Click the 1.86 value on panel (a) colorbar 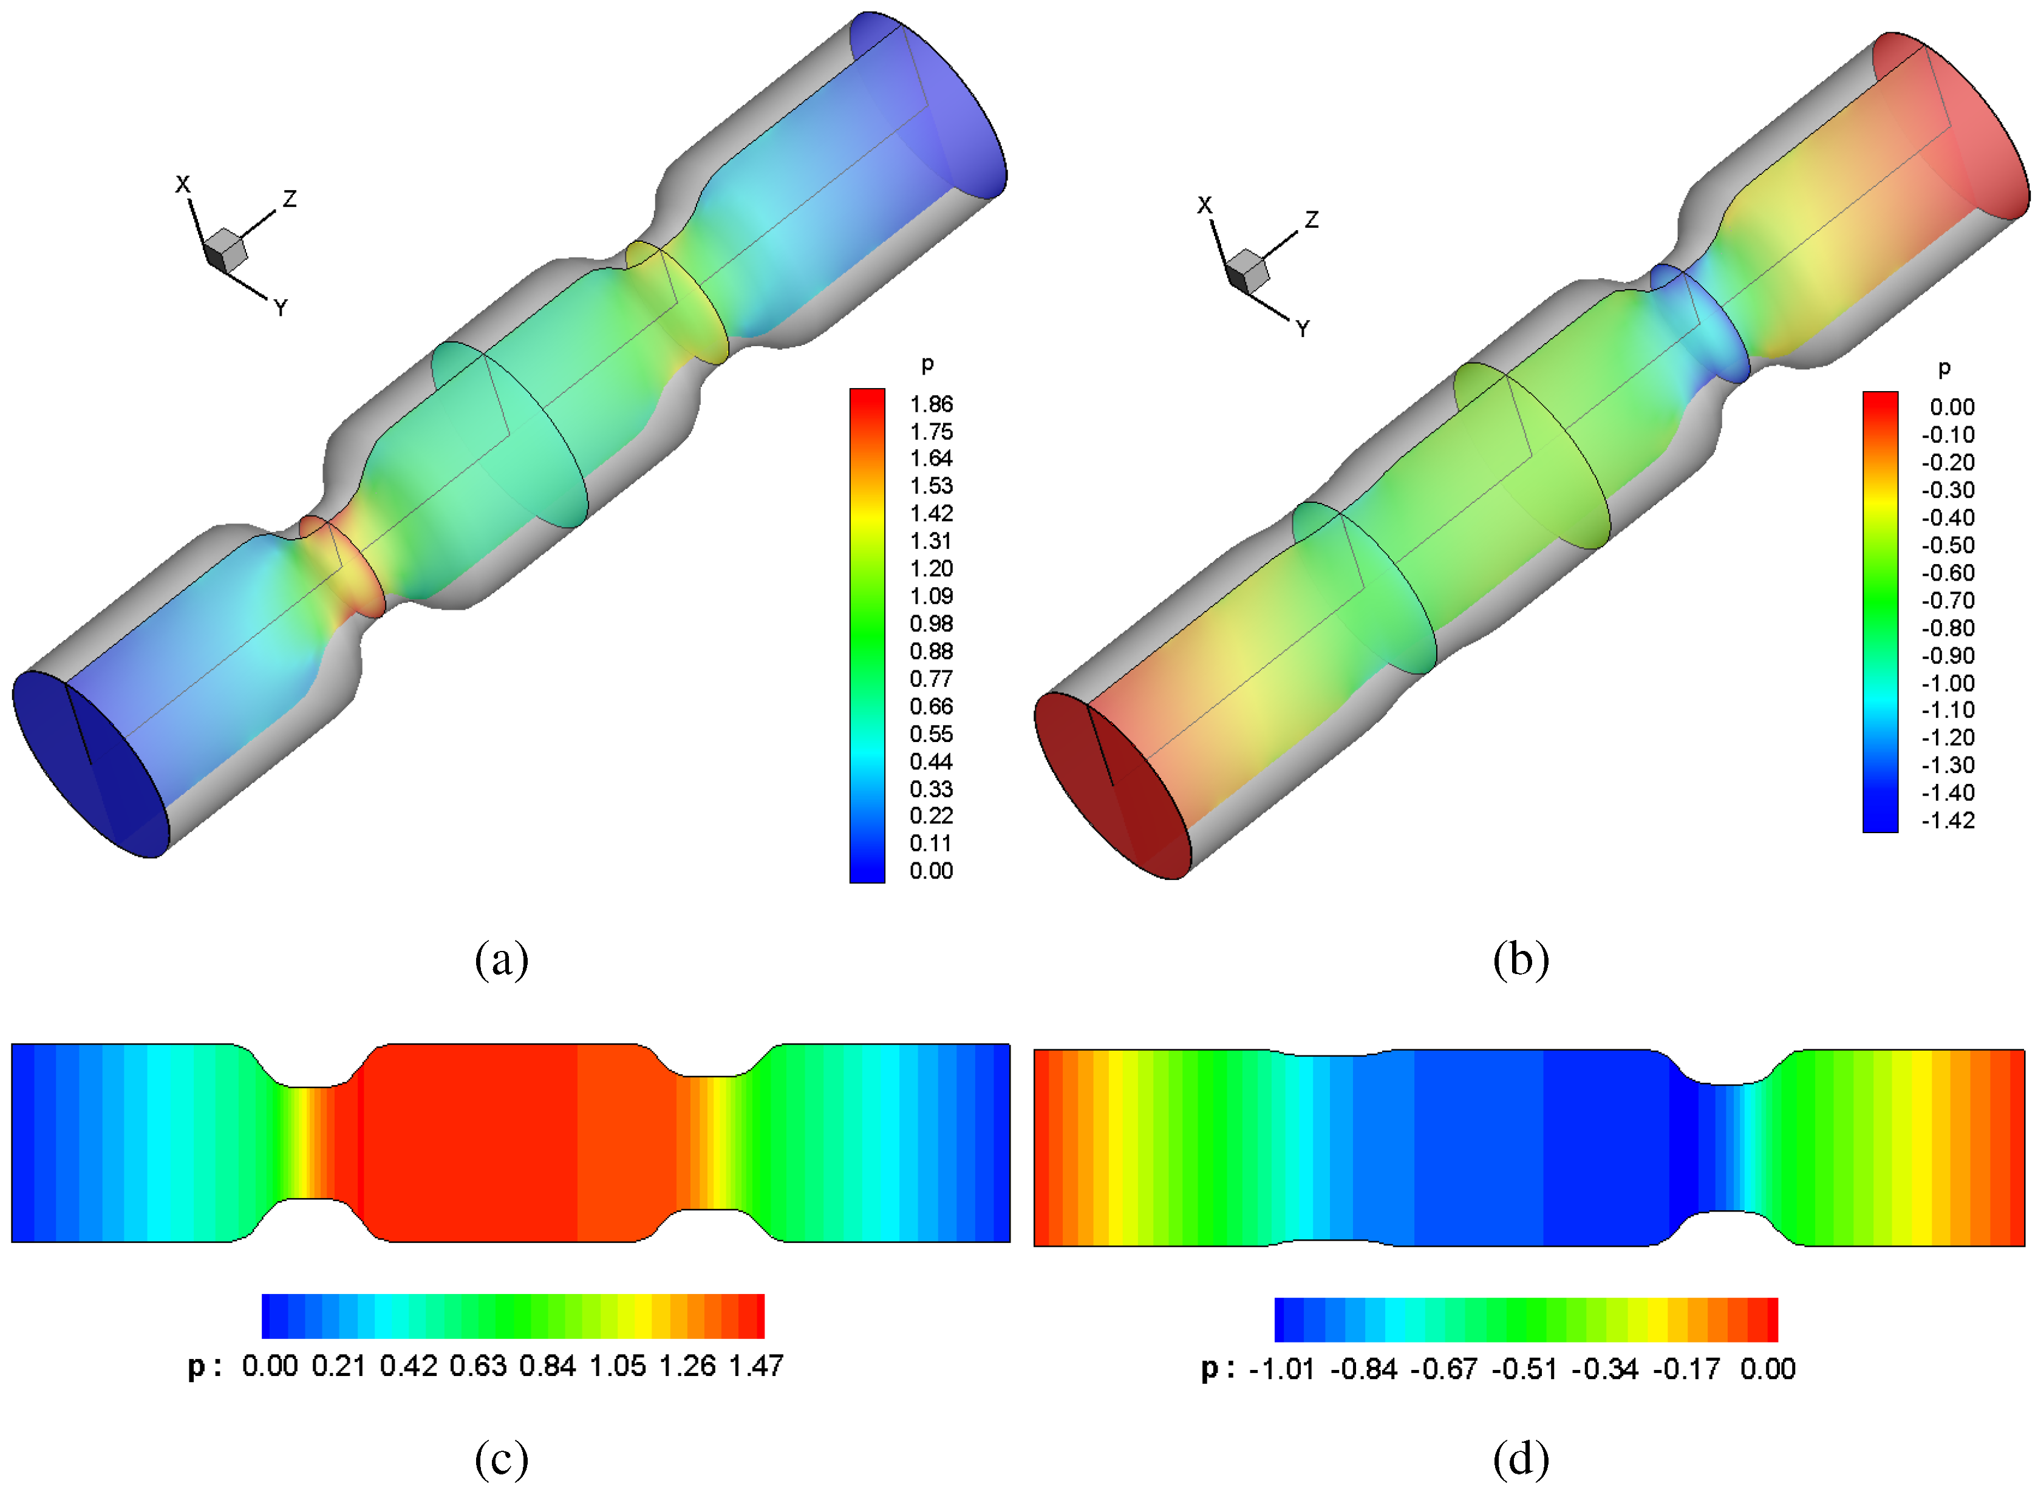pos(931,404)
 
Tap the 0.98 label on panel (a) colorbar pos(931,623)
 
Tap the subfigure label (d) pos(1521,1459)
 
